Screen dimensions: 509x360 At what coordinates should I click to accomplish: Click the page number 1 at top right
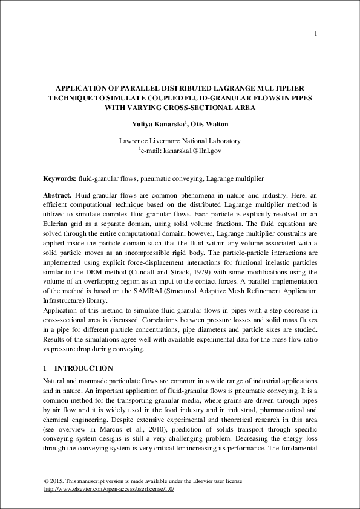316,33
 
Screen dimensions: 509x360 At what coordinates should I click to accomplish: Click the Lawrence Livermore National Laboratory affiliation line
180,141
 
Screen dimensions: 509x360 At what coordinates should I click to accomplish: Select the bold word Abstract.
57,196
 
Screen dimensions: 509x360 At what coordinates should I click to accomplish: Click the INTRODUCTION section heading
83,368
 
